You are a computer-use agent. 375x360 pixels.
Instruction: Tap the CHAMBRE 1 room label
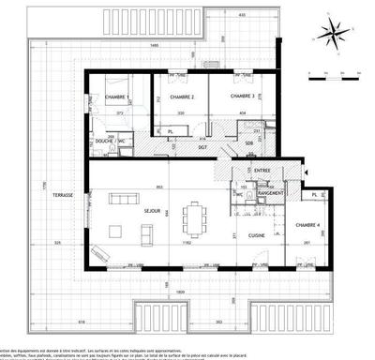pos(116,97)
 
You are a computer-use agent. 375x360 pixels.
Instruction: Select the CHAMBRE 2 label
pos(181,97)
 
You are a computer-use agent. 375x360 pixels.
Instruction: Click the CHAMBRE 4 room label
pos(307,225)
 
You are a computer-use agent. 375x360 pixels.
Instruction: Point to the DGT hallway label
pos(202,147)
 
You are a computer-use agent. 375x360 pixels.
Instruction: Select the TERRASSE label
pos(64,196)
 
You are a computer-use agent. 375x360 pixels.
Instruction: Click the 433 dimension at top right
pos(242,15)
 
